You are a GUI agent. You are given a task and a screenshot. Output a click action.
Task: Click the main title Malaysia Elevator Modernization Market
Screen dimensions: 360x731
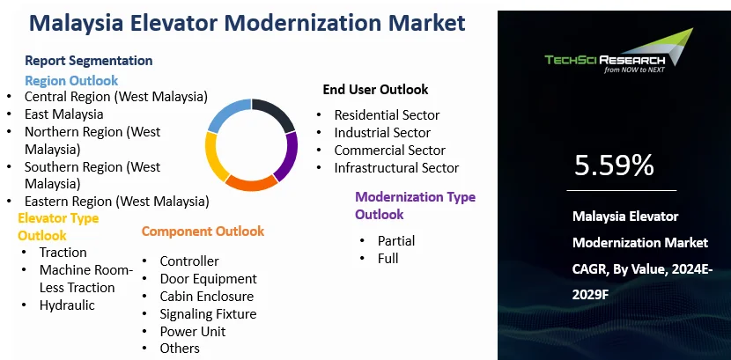tap(247, 23)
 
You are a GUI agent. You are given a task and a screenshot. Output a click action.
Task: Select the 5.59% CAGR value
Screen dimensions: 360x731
tap(614, 165)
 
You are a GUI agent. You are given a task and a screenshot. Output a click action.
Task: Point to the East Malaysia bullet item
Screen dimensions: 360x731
tap(63, 114)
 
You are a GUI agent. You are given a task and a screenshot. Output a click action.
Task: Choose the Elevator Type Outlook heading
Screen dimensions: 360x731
tap(58, 226)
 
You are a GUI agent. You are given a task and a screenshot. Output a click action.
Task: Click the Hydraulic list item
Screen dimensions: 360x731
tap(67, 305)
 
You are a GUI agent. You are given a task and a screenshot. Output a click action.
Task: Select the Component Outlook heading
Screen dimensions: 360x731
tap(203, 231)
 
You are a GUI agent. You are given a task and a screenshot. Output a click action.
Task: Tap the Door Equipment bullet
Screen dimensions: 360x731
tap(208, 279)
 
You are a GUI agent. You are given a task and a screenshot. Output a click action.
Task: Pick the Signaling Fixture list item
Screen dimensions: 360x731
tap(208, 313)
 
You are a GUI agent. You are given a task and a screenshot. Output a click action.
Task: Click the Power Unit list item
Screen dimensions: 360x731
tap(192, 331)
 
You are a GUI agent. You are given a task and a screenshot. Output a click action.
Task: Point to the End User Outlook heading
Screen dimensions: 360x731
tap(375, 89)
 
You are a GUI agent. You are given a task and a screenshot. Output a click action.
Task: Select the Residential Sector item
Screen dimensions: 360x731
tap(387, 115)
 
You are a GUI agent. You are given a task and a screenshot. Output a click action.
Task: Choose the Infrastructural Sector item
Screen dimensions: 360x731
tap(396, 167)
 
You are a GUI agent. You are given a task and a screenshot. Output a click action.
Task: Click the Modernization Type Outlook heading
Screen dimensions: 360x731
tap(415, 205)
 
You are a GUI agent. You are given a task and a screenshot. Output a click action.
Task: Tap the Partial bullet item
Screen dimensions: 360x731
tap(395, 240)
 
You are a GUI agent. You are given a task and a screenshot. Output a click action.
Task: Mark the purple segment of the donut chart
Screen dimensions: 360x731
tap(287, 157)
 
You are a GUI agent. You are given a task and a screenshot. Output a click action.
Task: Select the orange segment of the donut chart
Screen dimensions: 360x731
tap(251, 183)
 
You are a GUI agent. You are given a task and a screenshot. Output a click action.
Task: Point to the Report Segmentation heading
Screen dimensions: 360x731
tap(88, 61)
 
